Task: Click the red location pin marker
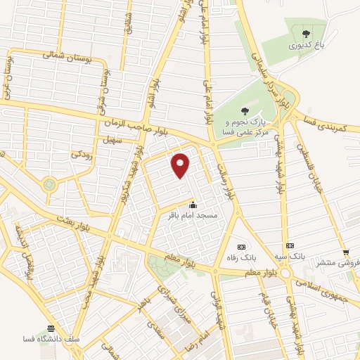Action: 181,165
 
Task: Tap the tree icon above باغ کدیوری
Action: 306,33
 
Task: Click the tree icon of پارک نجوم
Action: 245,110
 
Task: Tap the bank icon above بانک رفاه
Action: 243,247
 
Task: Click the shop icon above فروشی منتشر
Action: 346,252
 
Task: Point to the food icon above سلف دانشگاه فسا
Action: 51,328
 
